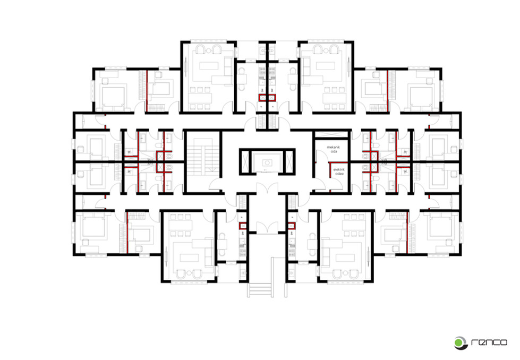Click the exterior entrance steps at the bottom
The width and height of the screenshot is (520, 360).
tap(260, 290)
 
